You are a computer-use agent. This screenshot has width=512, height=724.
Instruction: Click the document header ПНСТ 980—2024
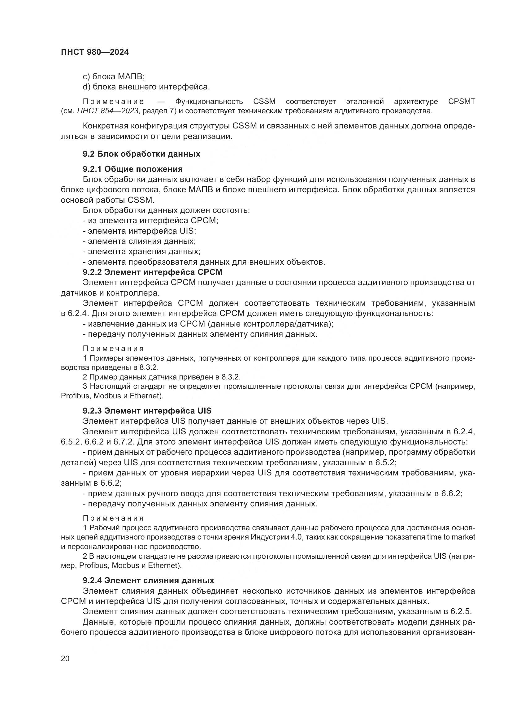(95, 52)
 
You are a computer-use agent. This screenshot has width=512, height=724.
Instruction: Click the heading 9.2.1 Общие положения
(133, 169)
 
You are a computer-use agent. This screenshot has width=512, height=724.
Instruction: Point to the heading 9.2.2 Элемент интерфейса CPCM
(153, 272)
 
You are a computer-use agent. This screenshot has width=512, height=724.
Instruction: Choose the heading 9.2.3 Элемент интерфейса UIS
(147, 411)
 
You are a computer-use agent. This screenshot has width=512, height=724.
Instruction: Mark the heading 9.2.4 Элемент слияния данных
(149, 580)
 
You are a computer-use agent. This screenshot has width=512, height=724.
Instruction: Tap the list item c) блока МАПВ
(114, 76)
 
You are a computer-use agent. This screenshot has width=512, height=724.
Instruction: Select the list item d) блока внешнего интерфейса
(146, 87)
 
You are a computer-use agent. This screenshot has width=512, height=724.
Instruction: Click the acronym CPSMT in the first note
(461, 102)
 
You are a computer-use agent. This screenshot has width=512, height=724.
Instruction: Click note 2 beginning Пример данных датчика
(161, 377)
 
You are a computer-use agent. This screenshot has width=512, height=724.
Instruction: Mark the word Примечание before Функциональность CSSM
(114, 102)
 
